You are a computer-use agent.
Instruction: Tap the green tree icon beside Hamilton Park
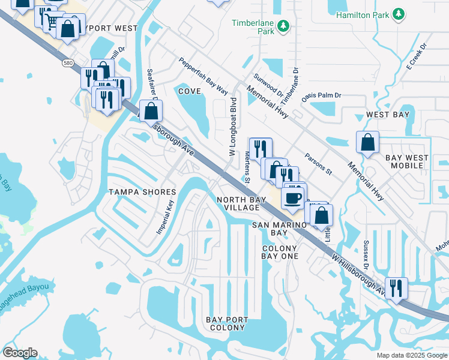click(398, 14)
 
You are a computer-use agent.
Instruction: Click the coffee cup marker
click(292, 197)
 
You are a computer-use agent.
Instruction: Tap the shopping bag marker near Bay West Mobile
click(367, 143)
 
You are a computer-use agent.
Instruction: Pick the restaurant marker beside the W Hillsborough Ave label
click(396, 287)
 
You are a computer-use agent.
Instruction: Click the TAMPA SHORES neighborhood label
click(142, 192)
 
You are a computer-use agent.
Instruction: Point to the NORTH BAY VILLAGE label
click(238, 203)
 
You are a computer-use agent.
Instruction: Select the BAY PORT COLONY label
click(225, 324)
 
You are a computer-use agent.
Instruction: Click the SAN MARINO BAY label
click(279, 229)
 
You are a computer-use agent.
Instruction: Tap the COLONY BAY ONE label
click(279, 252)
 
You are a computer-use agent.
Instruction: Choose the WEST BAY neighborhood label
click(388, 115)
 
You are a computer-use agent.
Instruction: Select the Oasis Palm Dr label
click(321, 95)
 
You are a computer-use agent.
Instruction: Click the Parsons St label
click(318, 163)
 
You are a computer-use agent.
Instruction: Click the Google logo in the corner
click(20, 353)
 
